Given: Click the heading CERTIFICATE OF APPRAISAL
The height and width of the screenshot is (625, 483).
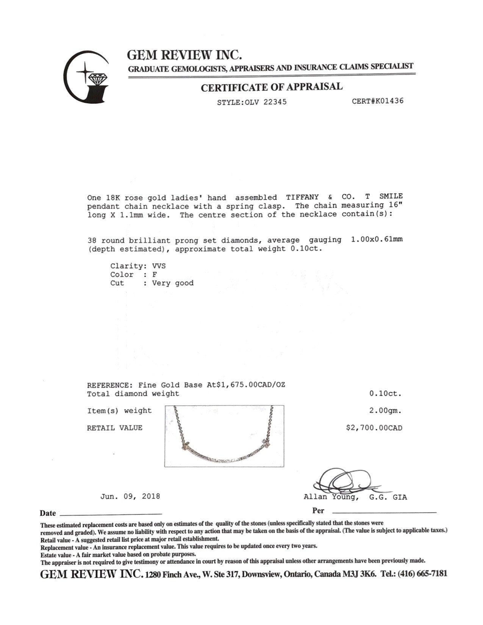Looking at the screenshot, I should (271, 87).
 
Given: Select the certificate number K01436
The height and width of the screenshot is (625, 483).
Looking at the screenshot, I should (389, 101).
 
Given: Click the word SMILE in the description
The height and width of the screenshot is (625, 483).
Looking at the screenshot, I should (391, 196).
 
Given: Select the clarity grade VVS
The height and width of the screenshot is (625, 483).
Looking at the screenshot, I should (159, 266).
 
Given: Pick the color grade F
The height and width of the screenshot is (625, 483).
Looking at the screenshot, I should (155, 275).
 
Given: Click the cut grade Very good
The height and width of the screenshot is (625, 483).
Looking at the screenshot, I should (173, 283).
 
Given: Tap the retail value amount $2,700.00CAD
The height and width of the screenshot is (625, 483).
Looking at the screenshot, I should (374, 428).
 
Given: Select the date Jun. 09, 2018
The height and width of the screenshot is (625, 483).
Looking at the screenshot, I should (130, 496).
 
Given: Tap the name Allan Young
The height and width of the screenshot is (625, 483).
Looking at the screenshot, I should (331, 497).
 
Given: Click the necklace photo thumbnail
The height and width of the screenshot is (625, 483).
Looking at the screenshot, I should (224, 436).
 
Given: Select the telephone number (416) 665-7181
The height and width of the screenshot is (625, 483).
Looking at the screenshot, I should (422, 573).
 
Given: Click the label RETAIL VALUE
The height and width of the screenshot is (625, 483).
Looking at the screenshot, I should (114, 428).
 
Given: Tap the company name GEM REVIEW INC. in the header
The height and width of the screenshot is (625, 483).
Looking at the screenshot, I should (184, 55).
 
